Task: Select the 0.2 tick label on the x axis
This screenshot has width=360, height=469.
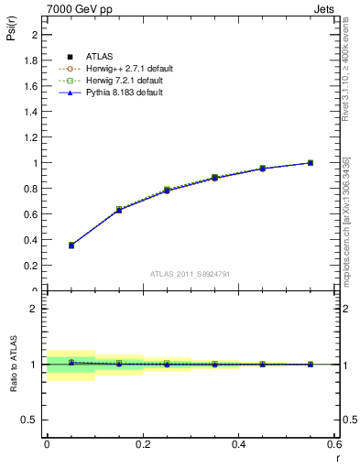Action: point(143,444)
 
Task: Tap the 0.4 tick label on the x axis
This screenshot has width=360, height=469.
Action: point(239,444)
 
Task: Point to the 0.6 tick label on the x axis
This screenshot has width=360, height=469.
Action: point(333,444)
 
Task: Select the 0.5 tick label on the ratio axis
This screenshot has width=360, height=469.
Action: point(33,420)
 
